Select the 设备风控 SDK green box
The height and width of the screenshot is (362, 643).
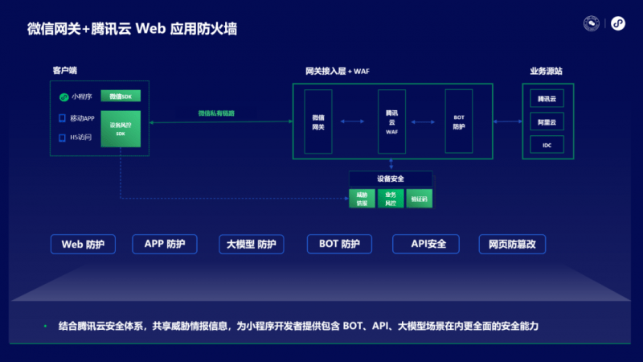tap(121, 129)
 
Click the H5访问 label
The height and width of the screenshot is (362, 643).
tap(80, 138)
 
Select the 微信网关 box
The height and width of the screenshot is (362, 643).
tap(318, 122)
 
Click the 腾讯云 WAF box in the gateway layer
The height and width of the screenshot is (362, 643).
tap(391, 122)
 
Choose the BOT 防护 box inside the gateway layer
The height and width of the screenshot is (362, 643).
tap(459, 122)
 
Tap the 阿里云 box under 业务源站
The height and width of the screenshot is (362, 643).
tap(547, 122)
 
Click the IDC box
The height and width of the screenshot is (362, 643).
tap(547, 145)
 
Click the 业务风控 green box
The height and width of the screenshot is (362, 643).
tap(391, 199)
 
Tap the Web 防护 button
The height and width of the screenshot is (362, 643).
tap(83, 244)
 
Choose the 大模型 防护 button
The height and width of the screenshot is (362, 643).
tap(252, 244)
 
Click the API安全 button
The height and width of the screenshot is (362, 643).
tap(423, 244)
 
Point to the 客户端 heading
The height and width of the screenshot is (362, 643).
tap(65, 71)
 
